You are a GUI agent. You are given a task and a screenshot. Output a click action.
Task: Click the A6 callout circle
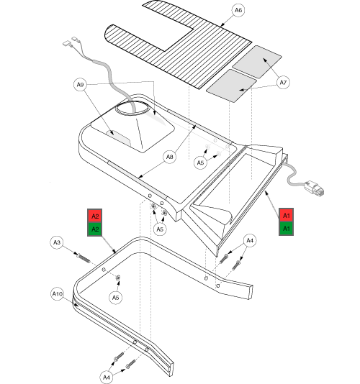point(238,10)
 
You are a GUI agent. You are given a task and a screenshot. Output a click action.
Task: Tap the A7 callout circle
point(283,83)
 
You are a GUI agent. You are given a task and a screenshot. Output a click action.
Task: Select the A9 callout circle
point(80,85)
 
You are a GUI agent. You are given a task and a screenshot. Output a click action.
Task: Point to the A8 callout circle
point(170,157)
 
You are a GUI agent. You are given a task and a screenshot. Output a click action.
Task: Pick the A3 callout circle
point(57,242)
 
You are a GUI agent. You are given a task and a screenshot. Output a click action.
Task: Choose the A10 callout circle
point(58,293)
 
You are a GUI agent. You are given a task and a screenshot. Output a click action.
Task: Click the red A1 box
point(286,215)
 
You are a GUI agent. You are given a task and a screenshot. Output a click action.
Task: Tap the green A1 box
point(286,229)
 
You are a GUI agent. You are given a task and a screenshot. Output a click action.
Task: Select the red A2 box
point(94,216)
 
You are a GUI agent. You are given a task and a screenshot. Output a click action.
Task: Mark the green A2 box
point(94,229)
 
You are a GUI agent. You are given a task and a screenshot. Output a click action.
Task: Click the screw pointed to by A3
point(84,257)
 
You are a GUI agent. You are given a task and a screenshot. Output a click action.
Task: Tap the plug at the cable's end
point(315,188)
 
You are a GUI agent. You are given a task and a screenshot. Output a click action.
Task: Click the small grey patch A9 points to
point(119,138)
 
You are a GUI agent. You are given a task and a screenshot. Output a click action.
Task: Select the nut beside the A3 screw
point(118,278)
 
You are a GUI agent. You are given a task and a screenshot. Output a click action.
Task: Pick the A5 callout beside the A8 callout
point(200,163)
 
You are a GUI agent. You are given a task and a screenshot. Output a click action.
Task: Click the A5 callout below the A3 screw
point(115,298)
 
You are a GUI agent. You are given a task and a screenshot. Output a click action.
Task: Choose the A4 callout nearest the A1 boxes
point(250,240)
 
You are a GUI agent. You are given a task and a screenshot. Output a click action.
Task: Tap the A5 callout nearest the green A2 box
point(160,229)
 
